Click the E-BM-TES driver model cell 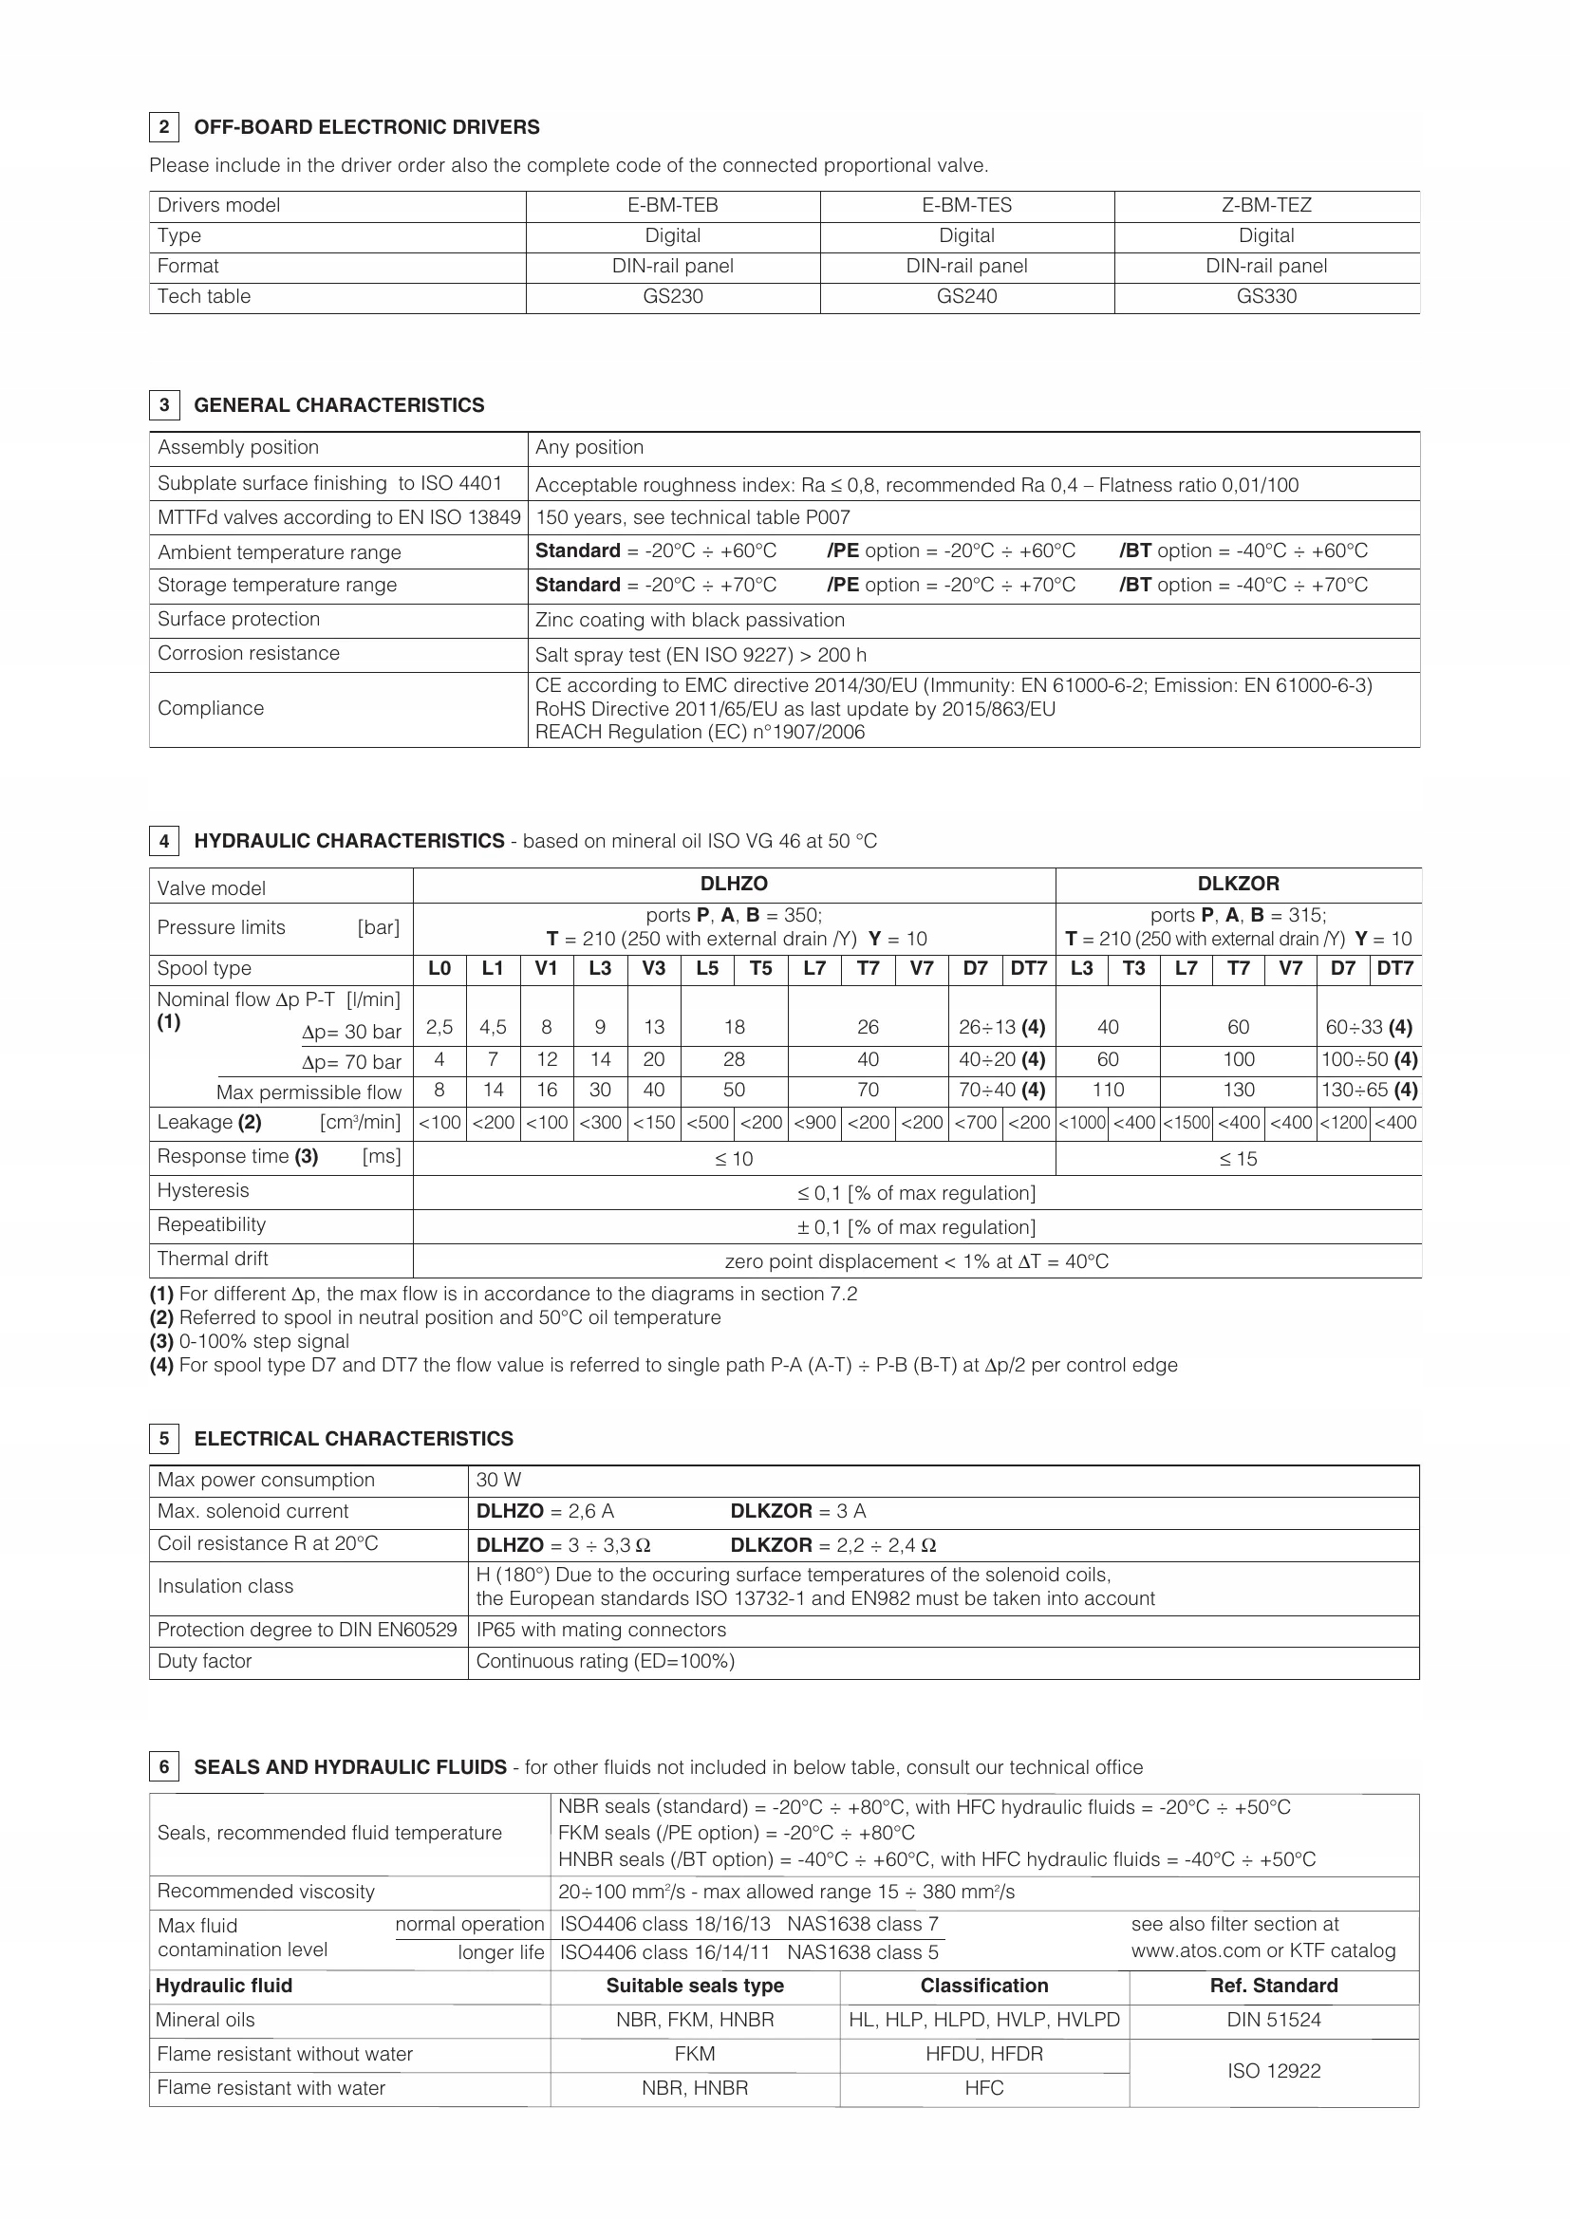[965, 205]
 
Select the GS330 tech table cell [1265, 297]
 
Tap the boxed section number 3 [164, 405]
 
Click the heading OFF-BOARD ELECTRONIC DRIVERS [366, 127]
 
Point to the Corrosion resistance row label [249, 654]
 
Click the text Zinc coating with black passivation [689, 620]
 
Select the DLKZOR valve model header [1238, 884]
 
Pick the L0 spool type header [439, 969]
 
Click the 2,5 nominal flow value [439, 1028]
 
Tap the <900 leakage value [814, 1123]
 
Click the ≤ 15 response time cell [1238, 1159]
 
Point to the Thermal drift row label [213, 1259]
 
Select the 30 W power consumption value [499, 1481]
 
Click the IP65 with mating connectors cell [600, 1631]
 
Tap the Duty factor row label [204, 1661]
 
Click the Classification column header [983, 1986]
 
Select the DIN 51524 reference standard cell [1273, 2020]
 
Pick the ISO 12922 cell [1273, 2071]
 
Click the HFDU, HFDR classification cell [983, 2054]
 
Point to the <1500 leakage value [1186, 1123]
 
